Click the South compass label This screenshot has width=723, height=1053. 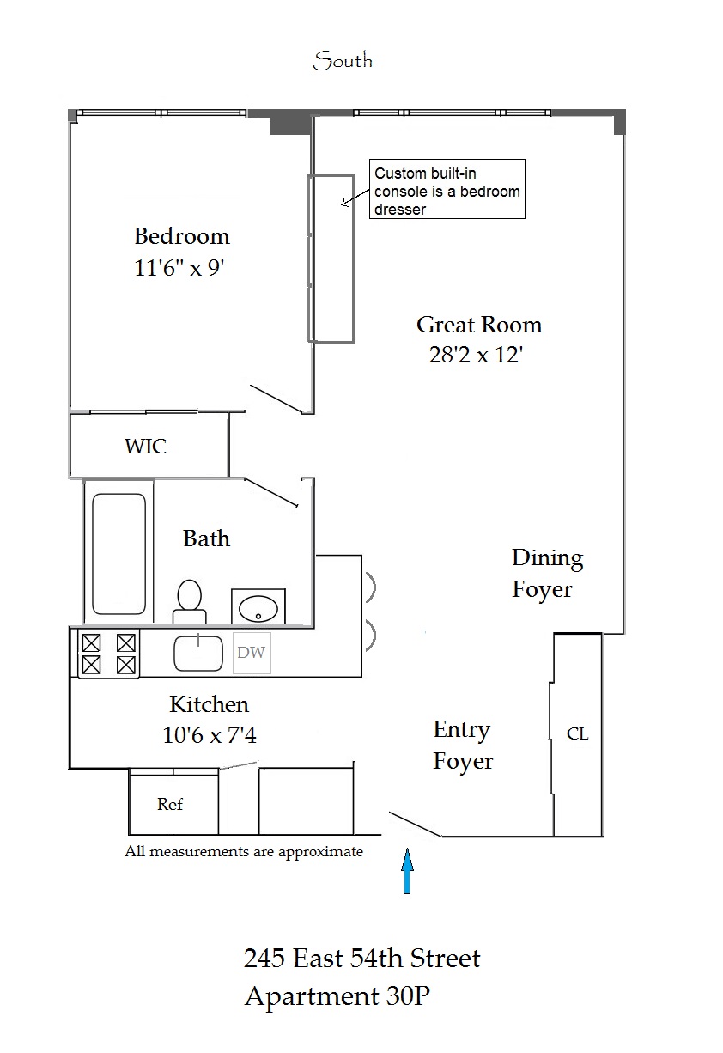coord(343,61)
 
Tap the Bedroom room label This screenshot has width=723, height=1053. coord(182,236)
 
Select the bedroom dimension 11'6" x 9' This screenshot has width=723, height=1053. coord(181,268)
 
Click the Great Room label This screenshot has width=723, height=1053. coord(479,325)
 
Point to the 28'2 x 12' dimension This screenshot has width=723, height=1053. coord(476,355)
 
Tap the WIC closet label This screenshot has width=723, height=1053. coord(145,447)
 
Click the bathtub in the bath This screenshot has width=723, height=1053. coord(118,553)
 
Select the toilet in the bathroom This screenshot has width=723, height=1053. coord(189,600)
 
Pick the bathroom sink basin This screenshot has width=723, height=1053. coord(258,608)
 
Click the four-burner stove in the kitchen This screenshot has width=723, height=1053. coord(108,653)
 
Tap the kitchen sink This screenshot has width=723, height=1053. coord(198,652)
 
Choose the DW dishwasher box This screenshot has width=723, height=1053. coord(252,653)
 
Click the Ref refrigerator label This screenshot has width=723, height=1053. coord(170,805)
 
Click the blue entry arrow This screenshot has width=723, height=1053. coord(408,871)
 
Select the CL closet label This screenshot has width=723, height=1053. coord(578,734)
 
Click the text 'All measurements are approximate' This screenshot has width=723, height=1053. coord(244,852)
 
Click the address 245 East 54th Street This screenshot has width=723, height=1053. coord(361,958)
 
